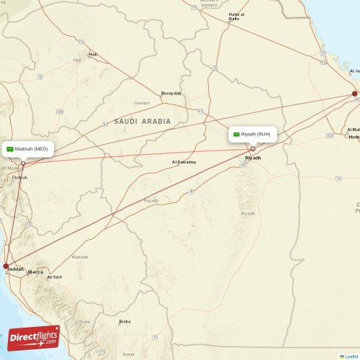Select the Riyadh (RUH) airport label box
tap(253, 134)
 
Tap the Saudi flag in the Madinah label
tap(10, 148)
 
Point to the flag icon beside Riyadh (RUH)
tap(236, 134)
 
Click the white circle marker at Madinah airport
tap(23, 163)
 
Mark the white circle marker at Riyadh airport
tap(253, 149)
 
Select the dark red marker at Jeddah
tap(6, 266)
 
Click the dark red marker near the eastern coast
tap(354, 94)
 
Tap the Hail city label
tap(92, 54)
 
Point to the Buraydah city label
tap(171, 94)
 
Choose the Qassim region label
tap(142, 103)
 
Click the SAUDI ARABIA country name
tap(141, 122)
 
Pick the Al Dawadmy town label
tap(184, 162)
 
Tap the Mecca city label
tap(35, 272)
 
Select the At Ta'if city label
tap(55, 277)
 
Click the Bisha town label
tap(125, 322)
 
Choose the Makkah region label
tap(80, 257)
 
